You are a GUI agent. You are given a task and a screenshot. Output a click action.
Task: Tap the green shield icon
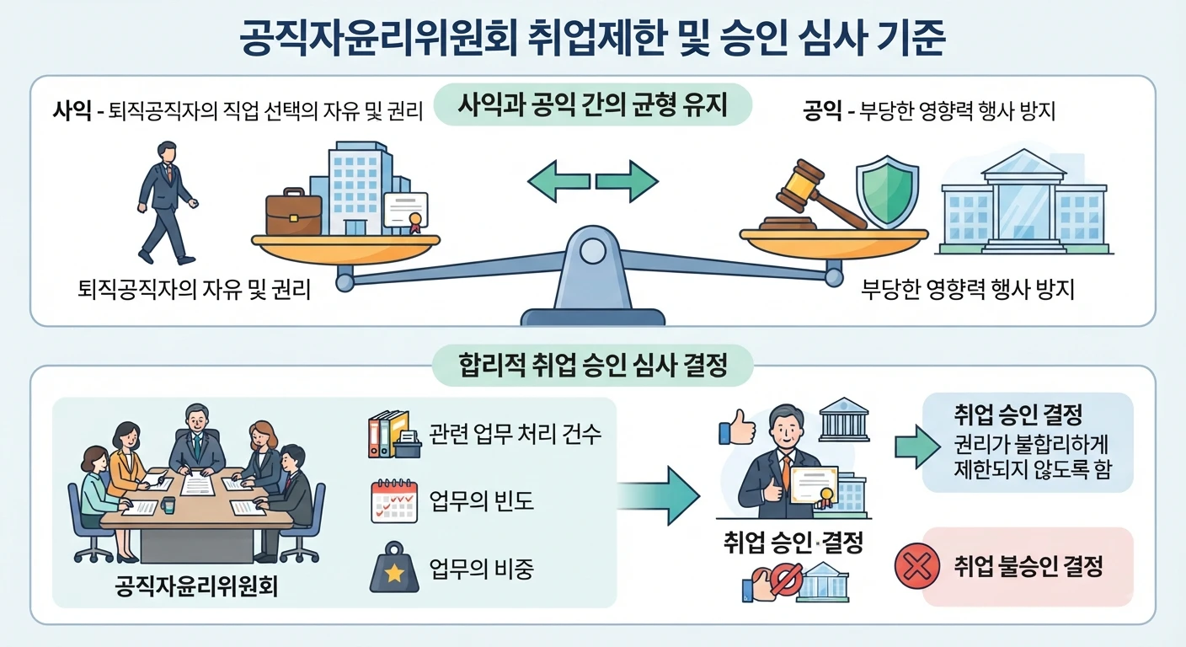click(887, 192)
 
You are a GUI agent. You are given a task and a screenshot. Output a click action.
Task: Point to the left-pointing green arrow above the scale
click(558, 182)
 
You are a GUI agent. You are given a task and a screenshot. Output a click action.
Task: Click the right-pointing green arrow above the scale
click(627, 182)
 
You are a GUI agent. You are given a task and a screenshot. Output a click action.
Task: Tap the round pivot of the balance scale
click(592, 251)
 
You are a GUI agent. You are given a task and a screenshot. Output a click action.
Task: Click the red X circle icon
click(917, 566)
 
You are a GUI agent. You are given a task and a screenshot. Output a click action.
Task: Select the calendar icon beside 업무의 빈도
click(394, 501)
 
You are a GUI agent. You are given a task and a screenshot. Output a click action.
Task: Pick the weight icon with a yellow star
click(394, 567)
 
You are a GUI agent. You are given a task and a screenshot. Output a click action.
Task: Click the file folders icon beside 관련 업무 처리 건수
click(394, 434)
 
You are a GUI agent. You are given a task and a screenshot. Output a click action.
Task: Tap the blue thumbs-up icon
click(737, 427)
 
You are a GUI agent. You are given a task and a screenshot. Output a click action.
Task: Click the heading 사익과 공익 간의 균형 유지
click(592, 104)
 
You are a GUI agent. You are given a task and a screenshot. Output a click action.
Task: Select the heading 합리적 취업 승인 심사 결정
click(592, 365)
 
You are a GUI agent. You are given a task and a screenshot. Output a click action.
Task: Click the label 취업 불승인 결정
click(1028, 566)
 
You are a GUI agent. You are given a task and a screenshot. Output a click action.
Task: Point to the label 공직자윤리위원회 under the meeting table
click(196, 586)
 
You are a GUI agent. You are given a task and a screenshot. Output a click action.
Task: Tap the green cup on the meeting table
click(168, 505)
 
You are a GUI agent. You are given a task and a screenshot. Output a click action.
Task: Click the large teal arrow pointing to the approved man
click(658, 496)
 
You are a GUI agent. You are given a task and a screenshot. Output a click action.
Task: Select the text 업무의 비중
click(481, 568)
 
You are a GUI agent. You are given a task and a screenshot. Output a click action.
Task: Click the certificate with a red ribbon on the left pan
click(406, 211)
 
